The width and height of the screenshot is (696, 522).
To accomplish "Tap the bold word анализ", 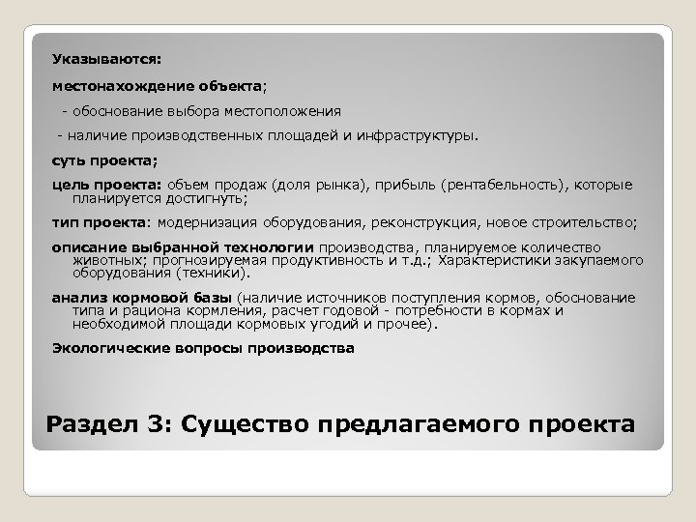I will [76, 297].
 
